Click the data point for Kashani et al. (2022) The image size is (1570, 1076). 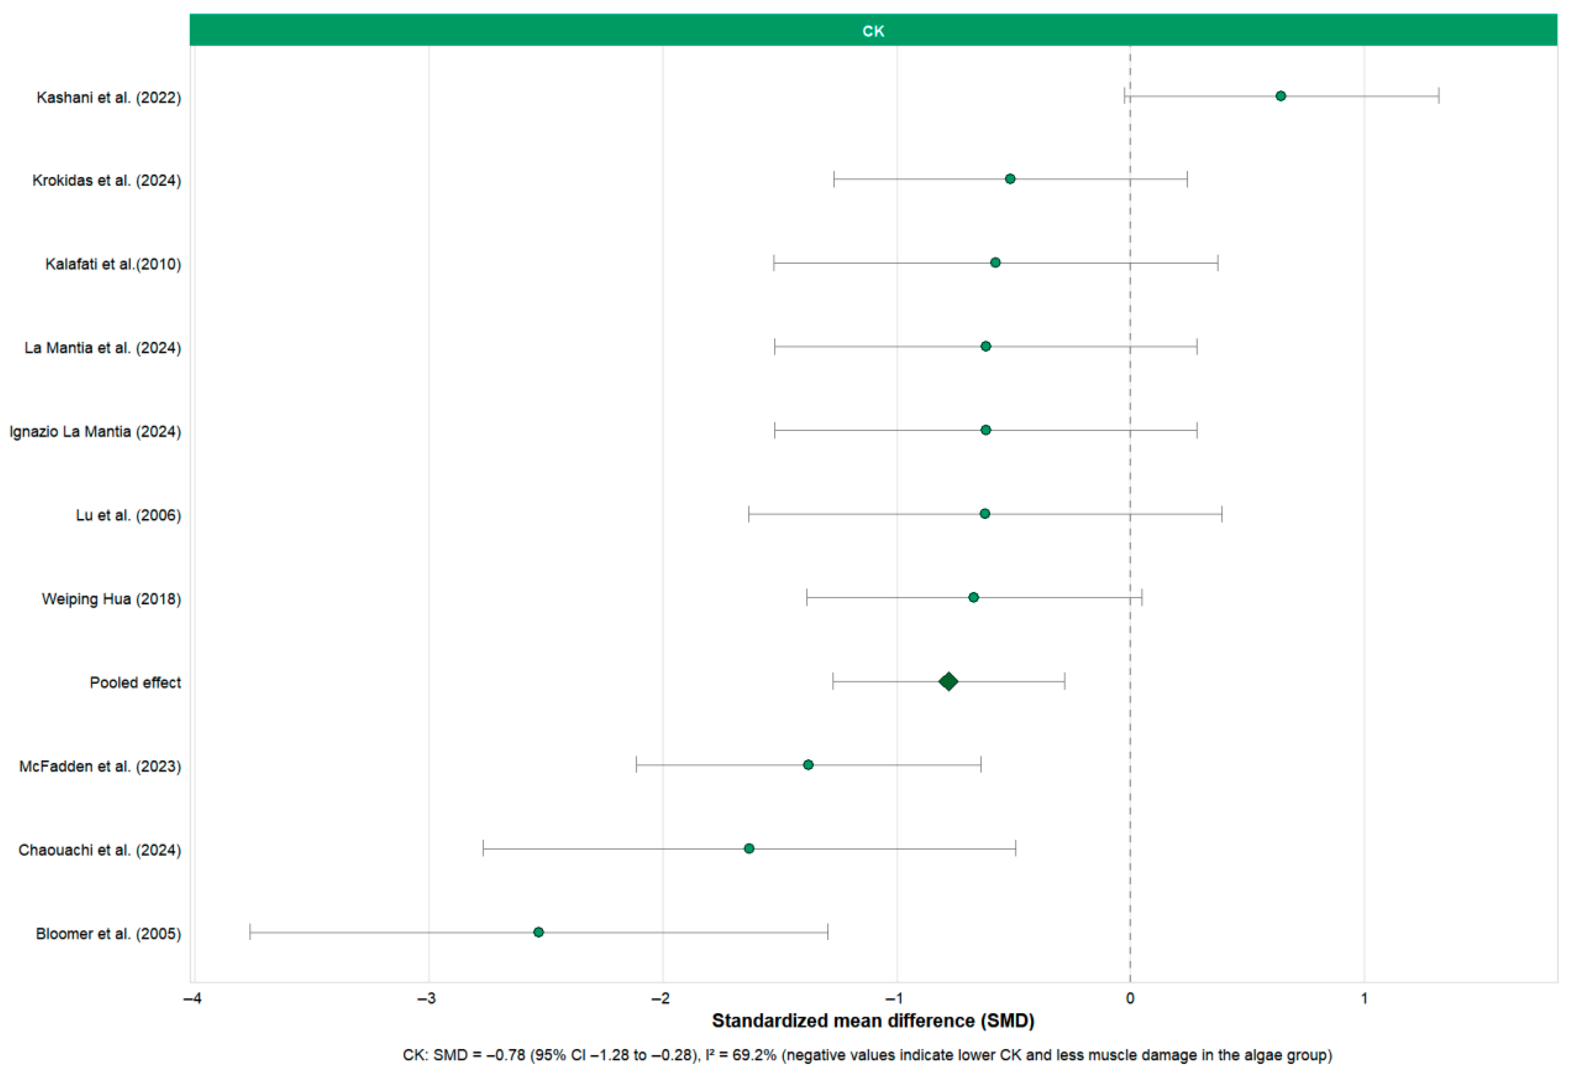[1280, 96]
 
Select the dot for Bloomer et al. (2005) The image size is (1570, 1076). [539, 932]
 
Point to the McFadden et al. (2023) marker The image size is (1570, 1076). [808, 765]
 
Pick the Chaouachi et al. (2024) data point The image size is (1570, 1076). [748, 848]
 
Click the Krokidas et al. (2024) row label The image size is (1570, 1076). [107, 180]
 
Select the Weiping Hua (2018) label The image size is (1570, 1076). [111, 599]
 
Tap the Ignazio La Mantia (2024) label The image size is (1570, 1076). [95, 431]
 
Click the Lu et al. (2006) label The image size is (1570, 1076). [128, 515]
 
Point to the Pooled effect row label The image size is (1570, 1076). [135, 683]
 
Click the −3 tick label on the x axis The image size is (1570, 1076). [426, 998]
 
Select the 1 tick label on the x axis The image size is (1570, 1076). [1364, 998]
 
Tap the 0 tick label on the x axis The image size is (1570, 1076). [1130, 998]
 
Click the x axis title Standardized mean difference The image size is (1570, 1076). [873, 1021]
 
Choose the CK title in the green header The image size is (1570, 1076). [873, 31]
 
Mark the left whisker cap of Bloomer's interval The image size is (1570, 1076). [250, 932]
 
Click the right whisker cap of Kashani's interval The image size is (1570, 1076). [1438, 96]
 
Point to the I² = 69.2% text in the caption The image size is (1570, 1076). [741, 1055]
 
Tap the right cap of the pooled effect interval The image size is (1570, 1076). [1064, 681]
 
